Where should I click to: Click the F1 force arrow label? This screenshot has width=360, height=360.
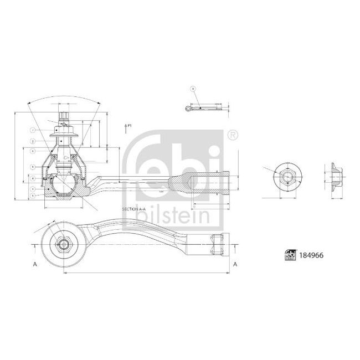pyautogui.click(x=128, y=126)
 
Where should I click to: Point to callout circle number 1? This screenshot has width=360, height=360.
pyautogui.click(x=33, y=131)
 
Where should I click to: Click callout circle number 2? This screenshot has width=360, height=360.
pyautogui.click(x=33, y=141)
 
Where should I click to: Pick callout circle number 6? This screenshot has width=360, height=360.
pyautogui.click(x=33, y=150)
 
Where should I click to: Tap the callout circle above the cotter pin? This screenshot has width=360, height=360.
pyautogui.click(x=193, y=89)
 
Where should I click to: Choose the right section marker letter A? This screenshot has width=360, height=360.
pyautogui.click(x=235, y=264)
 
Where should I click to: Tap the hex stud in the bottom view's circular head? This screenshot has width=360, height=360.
pyautogui.click(x=63, y=244)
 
